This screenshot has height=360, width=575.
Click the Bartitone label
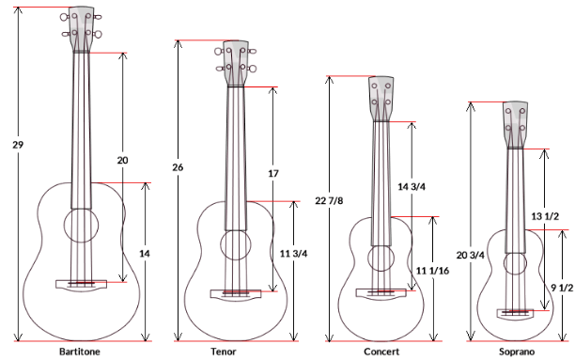point(80,352)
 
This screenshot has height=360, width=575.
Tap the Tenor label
point(224,352)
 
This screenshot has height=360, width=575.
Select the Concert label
point(381,352)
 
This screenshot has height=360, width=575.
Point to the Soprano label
point(517,352)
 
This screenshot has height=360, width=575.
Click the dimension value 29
point(18,145)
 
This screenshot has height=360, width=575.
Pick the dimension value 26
point(178,167)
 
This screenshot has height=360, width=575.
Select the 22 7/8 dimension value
point(329,201)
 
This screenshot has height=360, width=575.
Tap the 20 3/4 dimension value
point(471,255)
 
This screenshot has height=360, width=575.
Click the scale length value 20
point(122,161)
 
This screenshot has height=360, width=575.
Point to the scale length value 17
point(273,173)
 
